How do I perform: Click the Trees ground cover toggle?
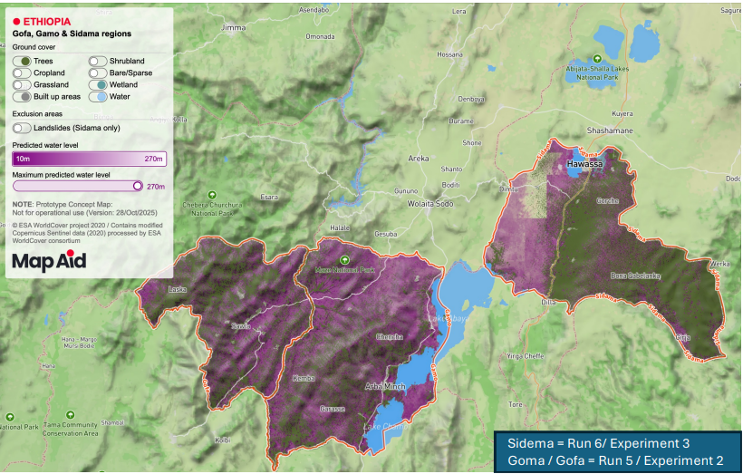coord(22,62)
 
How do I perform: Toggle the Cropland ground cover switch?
coord(22,73)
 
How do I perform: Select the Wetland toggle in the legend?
coord(98,84)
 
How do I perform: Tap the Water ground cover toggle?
coord(98,96)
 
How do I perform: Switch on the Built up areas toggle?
coord(22,96)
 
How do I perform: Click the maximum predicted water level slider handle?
coord(138,186)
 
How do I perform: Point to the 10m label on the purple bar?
coord(23,159)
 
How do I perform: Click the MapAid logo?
coord(50,262)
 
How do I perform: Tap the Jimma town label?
coord(233,27)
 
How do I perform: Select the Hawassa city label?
coord(584,165)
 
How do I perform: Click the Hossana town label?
coord(449,54)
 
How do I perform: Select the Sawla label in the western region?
coord(240,325)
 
